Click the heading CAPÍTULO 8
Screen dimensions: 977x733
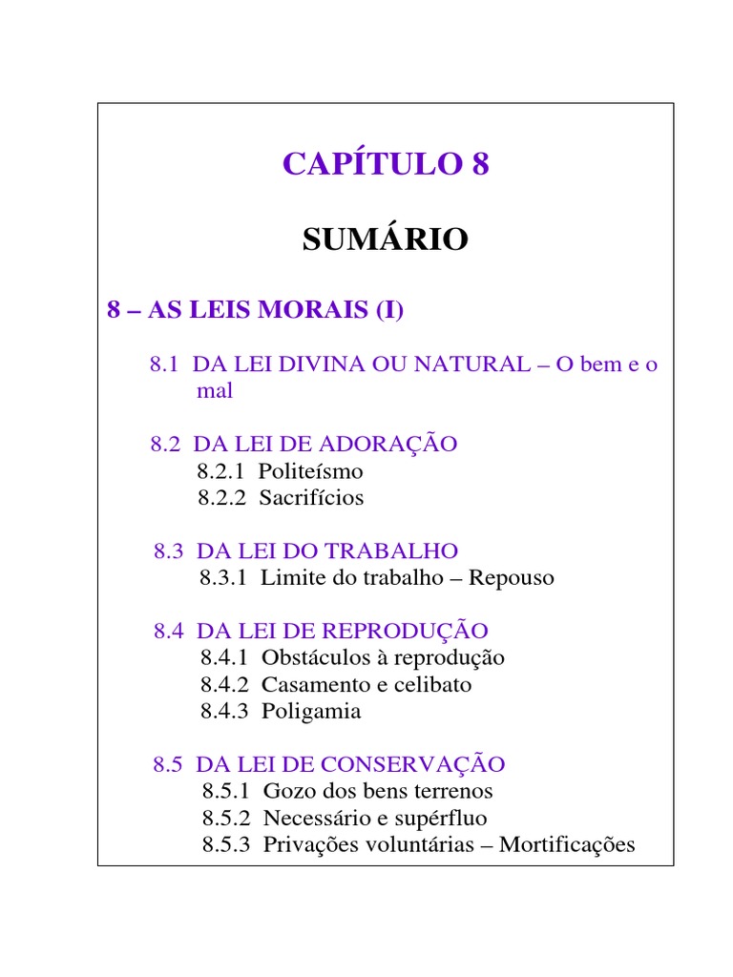386,164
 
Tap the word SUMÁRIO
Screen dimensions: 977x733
386,239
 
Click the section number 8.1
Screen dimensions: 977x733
165,364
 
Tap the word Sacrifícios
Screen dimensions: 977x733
311,497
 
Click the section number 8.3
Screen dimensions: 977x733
169,551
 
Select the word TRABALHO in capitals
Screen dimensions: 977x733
391,551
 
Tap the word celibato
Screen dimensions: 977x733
433,684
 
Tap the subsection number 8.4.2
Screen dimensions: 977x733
224,684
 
